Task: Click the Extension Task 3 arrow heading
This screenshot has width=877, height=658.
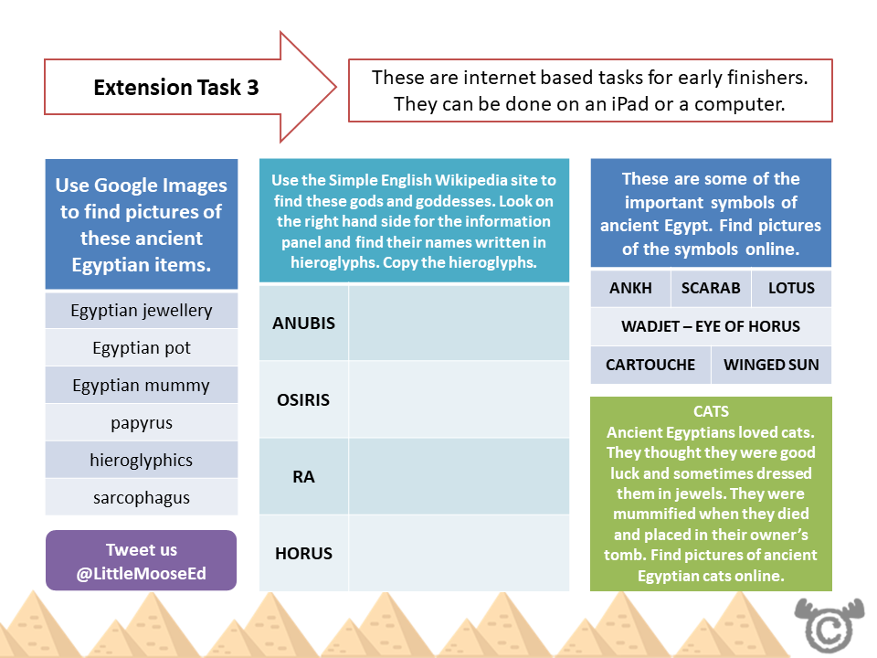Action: pos(176,88)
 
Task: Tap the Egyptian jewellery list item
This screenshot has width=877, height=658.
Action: pos(142,311)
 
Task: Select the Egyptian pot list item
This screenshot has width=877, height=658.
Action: pos(142,348)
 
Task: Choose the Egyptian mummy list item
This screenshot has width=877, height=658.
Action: pos(142,386)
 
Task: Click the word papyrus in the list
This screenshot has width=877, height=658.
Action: pos(142,423)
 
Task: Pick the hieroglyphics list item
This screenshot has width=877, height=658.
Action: pos(142,461)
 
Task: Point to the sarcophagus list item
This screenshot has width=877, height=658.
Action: pos(142,498)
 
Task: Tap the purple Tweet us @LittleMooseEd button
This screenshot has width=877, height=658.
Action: pos(142,561)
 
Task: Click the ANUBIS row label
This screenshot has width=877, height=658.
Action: pos(304,324)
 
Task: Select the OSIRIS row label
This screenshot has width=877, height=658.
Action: pos(304,400)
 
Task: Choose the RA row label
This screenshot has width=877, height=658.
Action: pos(304,477)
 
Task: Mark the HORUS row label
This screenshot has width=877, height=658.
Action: pos(304,553)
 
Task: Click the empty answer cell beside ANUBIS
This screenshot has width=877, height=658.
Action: pos(459,324)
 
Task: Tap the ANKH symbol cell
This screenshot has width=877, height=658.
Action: pos(630,289)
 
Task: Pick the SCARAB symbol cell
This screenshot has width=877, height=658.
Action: pos(711,289)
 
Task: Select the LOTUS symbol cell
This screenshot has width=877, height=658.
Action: pos(791,289)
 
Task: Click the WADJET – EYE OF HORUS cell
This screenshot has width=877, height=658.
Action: pos(711,327)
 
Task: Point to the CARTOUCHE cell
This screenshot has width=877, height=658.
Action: pos(650,366)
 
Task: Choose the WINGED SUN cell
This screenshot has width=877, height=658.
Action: pos(771,366)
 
